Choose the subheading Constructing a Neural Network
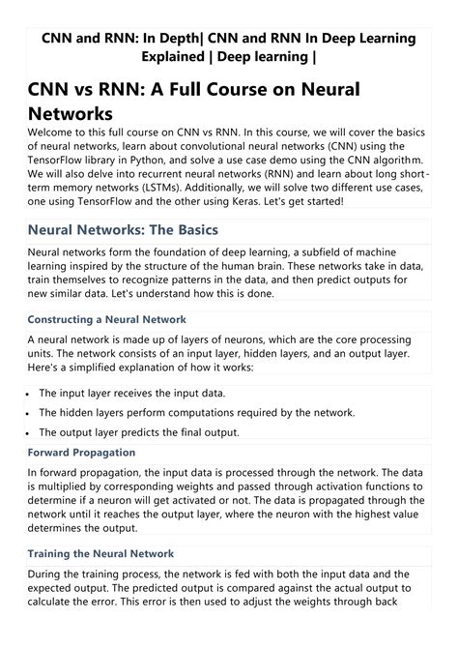click(106, 318)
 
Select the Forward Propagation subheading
click(81, 452)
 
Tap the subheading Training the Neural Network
click(100, 553)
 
